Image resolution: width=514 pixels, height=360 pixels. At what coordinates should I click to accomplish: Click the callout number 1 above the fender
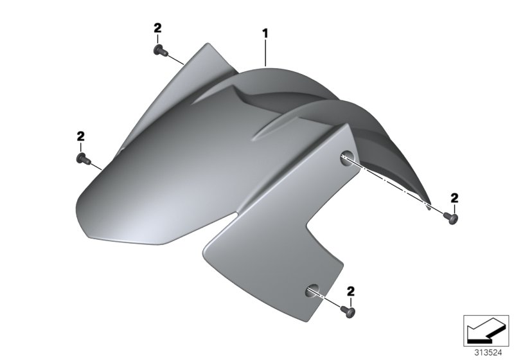(264, 32)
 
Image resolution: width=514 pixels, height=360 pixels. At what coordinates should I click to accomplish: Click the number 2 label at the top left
(157, 28)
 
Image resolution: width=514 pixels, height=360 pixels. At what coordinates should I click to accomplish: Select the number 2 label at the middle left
(80, 136)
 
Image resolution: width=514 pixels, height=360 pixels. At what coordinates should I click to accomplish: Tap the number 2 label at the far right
(454, 197)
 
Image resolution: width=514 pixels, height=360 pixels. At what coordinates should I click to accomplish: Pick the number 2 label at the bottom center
(351, 291)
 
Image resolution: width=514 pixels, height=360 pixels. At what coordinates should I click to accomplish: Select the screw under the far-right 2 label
(453, 219)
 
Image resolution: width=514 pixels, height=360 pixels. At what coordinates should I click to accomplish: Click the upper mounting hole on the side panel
(346, 156)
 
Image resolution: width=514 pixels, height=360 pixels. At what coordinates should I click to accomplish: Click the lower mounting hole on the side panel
(312, 289)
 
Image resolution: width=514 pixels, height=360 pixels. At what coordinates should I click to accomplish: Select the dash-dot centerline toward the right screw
(392, 183)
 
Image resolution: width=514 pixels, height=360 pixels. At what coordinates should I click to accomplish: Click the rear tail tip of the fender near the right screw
(429, 204)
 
